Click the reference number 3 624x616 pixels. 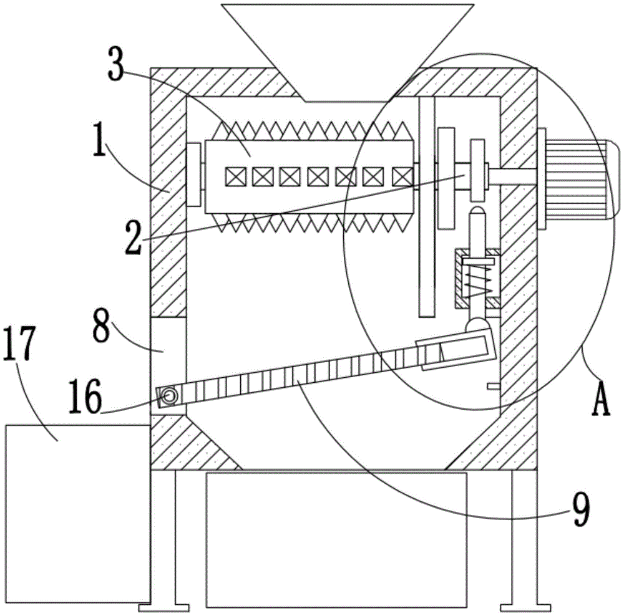(116, 63)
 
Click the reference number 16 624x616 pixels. (85, 397)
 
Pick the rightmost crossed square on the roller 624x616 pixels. (402, 176)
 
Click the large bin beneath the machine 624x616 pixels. (336, 540)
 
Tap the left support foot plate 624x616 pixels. (164, 608)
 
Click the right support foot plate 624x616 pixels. (525, 608)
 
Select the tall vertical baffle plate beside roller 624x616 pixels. (427, 207)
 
